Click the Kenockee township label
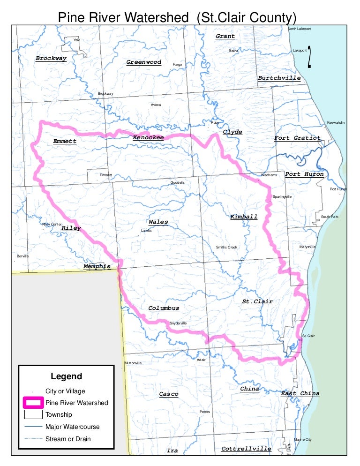[x=148, y=137]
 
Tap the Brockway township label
[x=51, y=59]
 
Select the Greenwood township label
[x=143, y=62]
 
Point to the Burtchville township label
[x=279, y=78]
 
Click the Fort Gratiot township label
[x=297, y=138]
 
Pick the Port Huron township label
[x=304, y=174]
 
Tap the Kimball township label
[x=244, y=217]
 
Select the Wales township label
[x=158, y=222]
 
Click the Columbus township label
[x=164, y=308]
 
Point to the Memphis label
[x=97, y=266]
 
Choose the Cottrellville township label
[x=246, y=449]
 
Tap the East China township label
[x=300, y=393]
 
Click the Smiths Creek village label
[x=226, y=247]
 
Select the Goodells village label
[x=178, y=182]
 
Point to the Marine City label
[x=302, y=439]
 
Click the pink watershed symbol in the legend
[x=33, y=402]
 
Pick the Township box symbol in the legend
[x=33, y=414]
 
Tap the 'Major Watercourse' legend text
[x=72, y=427]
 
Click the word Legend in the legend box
[x=66, y=376]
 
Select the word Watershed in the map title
[x=157, y=17]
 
